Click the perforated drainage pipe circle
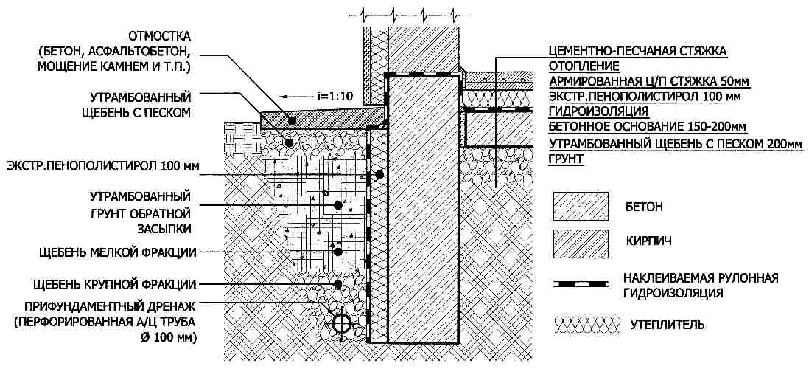coord(341,323)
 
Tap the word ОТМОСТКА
coord(160,36)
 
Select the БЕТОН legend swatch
coord(581,207)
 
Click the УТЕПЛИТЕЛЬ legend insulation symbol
coord(582,323)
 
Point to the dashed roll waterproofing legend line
coord(581,283)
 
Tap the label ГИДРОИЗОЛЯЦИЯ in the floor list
coord(599,112)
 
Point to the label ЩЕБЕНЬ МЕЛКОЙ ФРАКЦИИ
coord(118,252)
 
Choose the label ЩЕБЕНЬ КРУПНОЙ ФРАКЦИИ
coord(118,283)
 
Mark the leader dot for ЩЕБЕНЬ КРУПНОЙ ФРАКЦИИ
coord(337,283)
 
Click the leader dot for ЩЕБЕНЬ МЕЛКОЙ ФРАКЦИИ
coord(337,252)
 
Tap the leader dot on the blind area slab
coord(292,119)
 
